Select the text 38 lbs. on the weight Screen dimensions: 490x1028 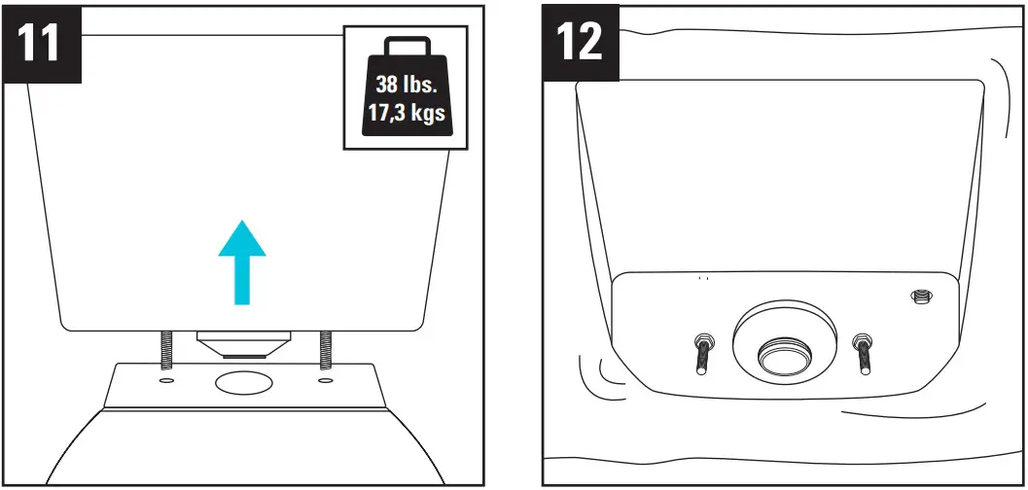coord(406,85)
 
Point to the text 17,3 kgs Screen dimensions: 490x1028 coord(406,113)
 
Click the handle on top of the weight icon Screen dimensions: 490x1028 coord(406,49)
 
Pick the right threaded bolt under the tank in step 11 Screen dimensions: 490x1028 coord(325,346)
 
